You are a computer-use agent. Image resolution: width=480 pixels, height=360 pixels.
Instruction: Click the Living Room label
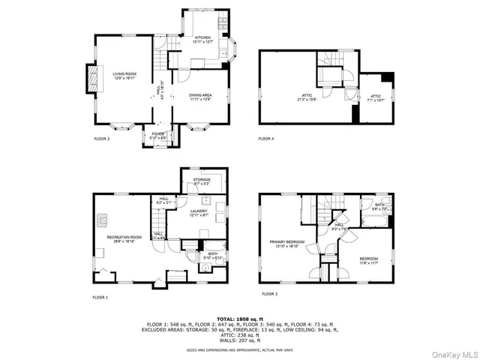point(124,75)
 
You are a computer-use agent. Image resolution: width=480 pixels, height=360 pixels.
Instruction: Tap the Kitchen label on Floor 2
point(203,40)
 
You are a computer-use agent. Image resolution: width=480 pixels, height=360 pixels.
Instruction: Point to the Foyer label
point(157,135)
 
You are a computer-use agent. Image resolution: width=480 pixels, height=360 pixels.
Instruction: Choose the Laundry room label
point(199,213)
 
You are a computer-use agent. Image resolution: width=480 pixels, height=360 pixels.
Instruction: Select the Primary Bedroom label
point(289,244)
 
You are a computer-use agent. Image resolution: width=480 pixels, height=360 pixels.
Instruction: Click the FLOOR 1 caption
point(100,298)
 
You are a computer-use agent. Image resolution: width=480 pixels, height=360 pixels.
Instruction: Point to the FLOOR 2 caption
point(101,139)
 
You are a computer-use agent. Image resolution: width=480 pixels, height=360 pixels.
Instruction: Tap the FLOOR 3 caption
point(269,294)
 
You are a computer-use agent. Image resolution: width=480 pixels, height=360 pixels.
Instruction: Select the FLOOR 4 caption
point(266,139)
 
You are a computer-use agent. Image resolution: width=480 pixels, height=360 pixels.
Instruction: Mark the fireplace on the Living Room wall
point(93,78)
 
